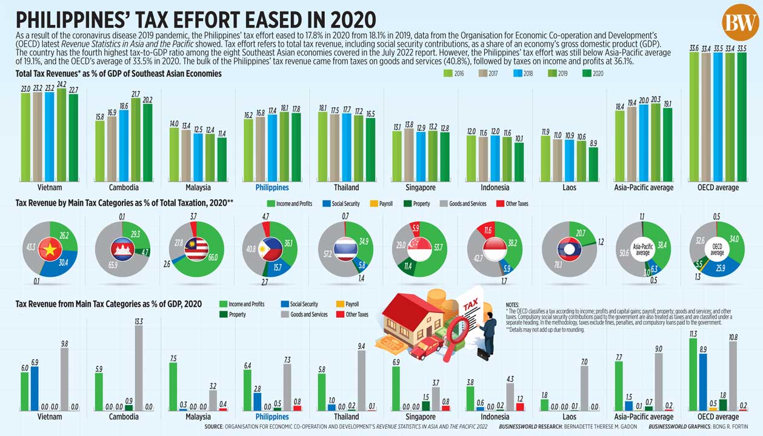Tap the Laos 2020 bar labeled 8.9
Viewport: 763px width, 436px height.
593,164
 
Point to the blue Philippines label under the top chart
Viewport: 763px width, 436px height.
272,188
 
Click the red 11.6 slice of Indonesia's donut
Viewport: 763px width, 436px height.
488,231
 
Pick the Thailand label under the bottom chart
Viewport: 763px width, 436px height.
346,417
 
